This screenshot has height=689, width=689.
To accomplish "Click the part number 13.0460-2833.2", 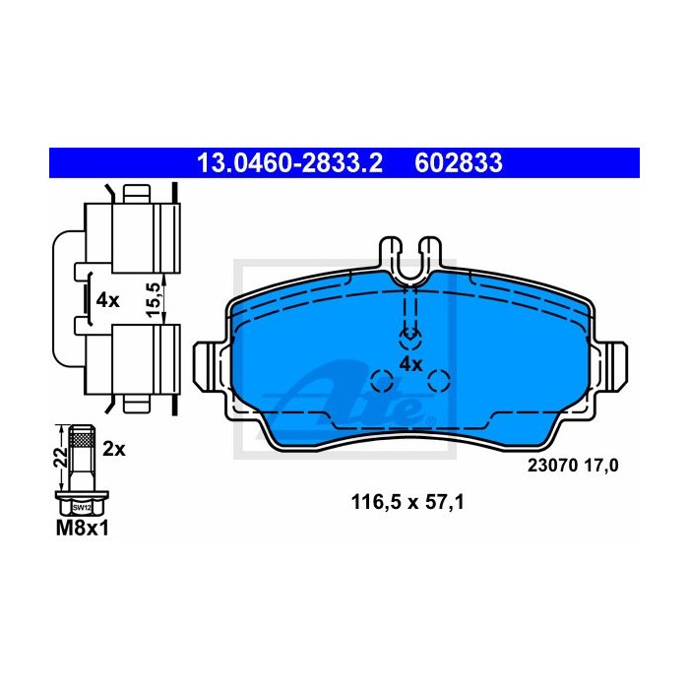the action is pos(290,163).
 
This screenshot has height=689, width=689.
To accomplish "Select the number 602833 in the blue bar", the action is pos(459,163).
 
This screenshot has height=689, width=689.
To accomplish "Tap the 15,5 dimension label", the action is pos(152,299).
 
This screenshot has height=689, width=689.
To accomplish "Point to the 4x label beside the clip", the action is pos(107,300).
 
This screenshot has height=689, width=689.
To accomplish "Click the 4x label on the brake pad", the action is pos(410,364).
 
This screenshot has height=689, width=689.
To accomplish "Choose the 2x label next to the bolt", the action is pos(114,450).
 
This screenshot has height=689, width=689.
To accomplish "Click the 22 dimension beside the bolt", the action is pos(61,457).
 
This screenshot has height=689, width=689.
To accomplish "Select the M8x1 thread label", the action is pos(82,529).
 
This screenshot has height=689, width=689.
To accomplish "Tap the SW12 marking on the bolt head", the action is pos(82,508).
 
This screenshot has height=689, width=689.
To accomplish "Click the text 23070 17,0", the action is pos(573,466).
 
